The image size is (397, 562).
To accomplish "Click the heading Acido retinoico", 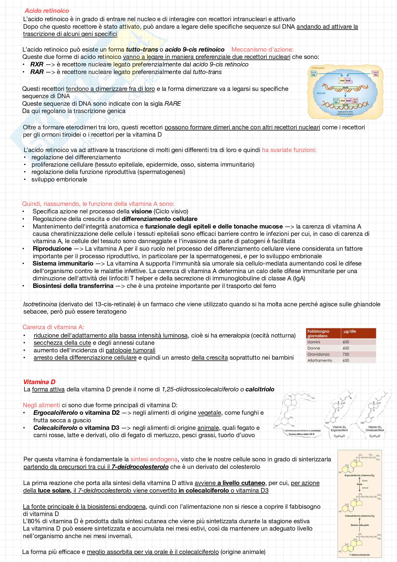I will (47, 11).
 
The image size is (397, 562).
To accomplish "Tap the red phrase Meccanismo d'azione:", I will (262, 49).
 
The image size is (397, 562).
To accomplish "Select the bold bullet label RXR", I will (37, 64).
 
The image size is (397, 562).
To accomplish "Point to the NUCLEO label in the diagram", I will (321, 93).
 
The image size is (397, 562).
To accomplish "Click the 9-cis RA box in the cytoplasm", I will (313, 73).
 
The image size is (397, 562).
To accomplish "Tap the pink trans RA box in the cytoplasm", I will (376, 73).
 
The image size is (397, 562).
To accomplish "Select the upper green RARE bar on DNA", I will (345, 88).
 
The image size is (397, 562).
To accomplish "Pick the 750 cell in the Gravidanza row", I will (346, 354).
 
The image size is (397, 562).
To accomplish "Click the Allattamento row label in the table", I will (320, 360).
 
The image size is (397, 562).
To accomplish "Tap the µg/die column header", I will (350, 331).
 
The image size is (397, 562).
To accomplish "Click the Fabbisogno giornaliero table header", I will (318, 333).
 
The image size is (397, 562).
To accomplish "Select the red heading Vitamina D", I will (39, 382).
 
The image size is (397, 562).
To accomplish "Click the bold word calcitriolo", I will (260, 389).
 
